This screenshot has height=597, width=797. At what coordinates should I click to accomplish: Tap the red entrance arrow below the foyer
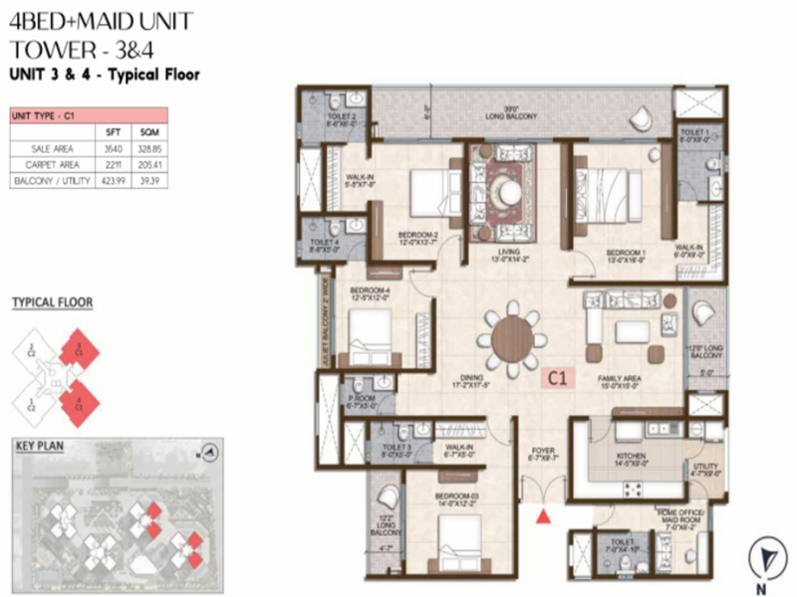click(x=543, y=515)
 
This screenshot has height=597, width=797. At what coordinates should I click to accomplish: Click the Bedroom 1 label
click(x=627, y=253)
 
